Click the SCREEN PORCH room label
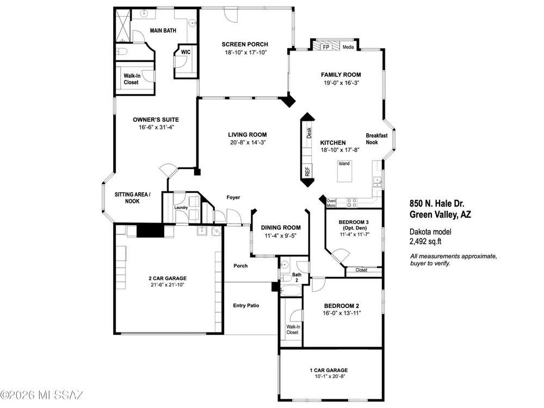pos(245,45)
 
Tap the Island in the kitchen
pos(344,171)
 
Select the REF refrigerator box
pos(307,171)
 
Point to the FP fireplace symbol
pos(326,46)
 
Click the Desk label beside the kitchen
pos(309,133)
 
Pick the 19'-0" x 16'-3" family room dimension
pos(341,83)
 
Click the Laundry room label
pos(181,207)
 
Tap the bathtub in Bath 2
pos(291,290)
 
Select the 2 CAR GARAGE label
pos(168,278)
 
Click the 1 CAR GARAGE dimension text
pos(327,376)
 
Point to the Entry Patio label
pos(246,306)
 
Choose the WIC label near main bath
pos(186,52)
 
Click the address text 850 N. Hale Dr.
pos(437,203)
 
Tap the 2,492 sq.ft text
pos(425,242)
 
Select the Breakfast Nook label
pos(376,139)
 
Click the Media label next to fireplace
pos(348,47)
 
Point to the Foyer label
pos(233,197)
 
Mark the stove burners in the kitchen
pos(352,202)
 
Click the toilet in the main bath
pos(121,52)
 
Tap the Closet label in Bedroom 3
pos(361,270)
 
